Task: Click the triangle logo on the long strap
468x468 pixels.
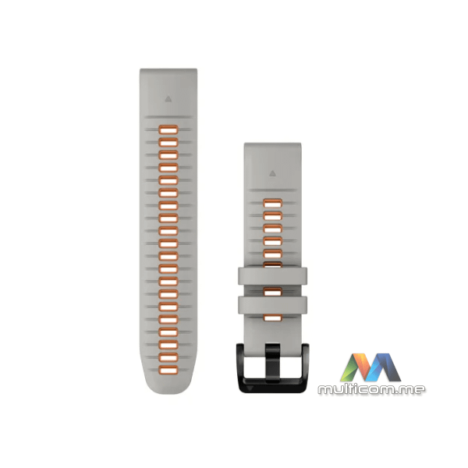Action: (x=168, y=99)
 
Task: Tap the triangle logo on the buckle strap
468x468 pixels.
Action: (x=272, y=173)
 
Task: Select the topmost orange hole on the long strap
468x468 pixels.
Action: (x=168, y=129)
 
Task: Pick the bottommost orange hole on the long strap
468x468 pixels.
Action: (x=168, y=370)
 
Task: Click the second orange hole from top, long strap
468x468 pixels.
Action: (x=168, y=143)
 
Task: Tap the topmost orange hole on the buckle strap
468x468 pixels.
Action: (x=272, y=203)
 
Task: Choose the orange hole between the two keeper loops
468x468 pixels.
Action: (x=272, y=292)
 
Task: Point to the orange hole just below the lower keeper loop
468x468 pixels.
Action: (x=272, y=318)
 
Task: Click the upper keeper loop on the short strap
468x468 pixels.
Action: (x=272, y=276)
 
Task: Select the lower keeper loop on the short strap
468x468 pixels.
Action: (x=272, y=305)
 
